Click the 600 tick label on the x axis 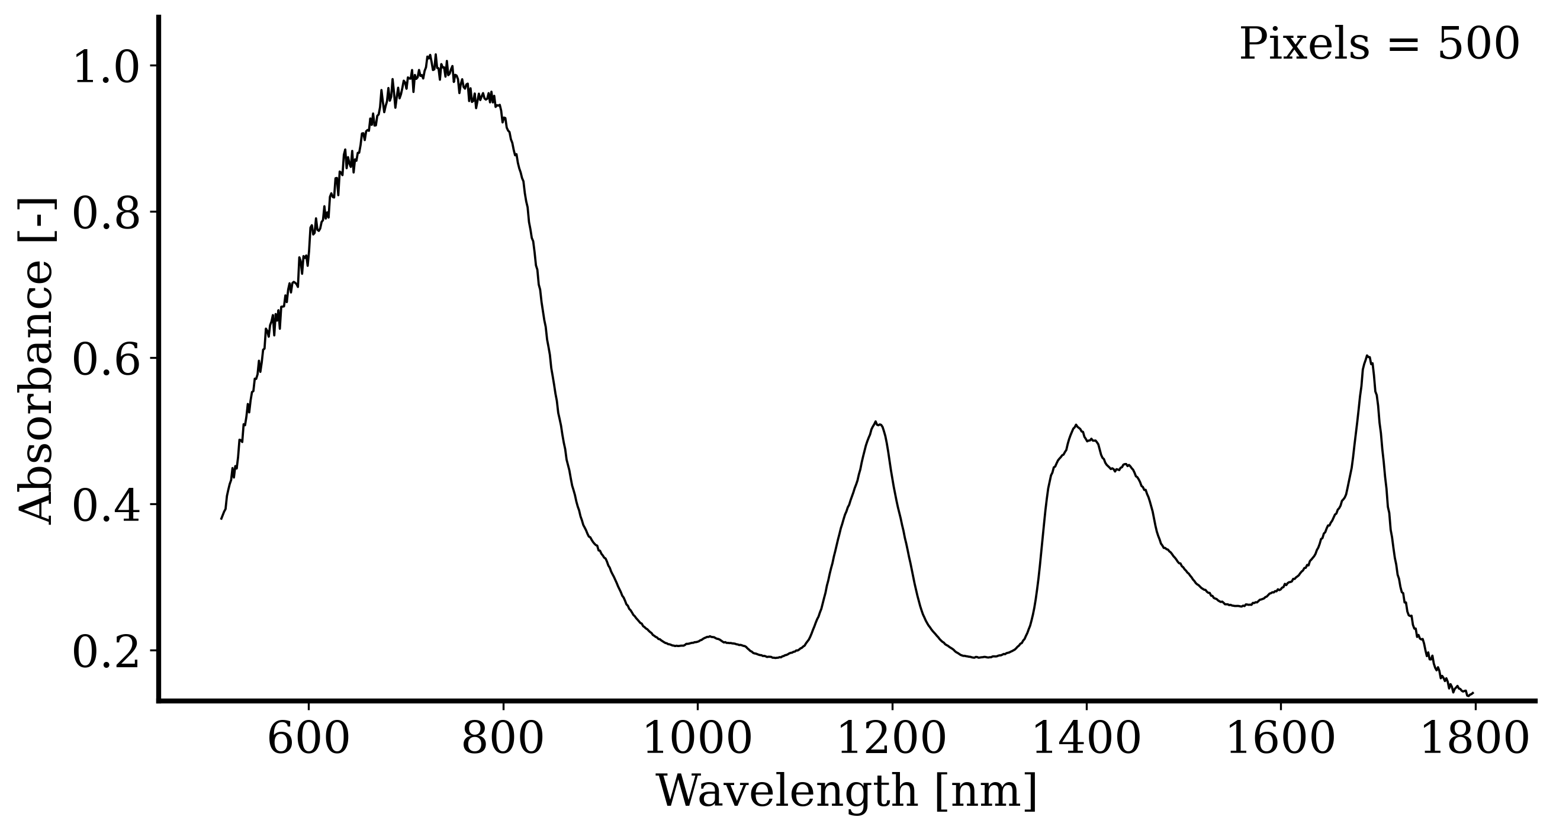pos(308,739)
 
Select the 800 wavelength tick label pos(503,739)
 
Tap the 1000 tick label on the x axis pos(697,739)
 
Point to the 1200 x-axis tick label pos(892,739)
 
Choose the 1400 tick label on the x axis pos(1086,739)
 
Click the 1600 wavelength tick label pos(1281,739)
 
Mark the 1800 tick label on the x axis pos(1475,739)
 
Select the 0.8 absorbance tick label pos(106,213)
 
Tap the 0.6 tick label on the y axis pos(106,360)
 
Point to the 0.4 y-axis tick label pos(106,506)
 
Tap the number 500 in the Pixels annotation pos(1478,44)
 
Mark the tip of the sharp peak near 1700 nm pos(1367,356)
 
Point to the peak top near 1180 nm pos(875,422)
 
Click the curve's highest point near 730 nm pos(431,55)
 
